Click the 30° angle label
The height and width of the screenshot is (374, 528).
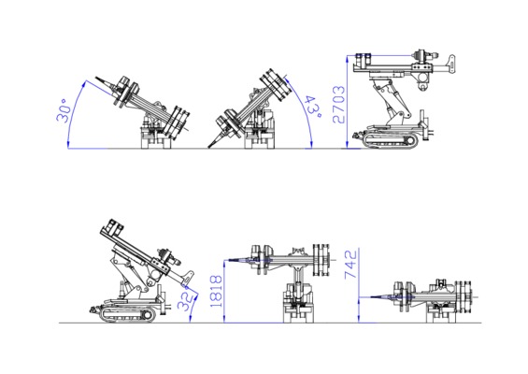click(64, 110)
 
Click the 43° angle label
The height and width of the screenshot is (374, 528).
click(313, 107)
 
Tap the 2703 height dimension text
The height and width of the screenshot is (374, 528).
click(338, 105)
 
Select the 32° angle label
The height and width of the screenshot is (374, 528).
click(186, 299)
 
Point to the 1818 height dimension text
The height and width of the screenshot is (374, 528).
click(216, 291)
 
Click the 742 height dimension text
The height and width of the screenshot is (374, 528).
click(350, 265)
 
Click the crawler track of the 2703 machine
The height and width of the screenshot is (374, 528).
click(391, 141)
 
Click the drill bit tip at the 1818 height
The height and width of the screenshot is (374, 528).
click(230, 260)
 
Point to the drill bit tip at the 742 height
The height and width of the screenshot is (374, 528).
click(371, 296)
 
